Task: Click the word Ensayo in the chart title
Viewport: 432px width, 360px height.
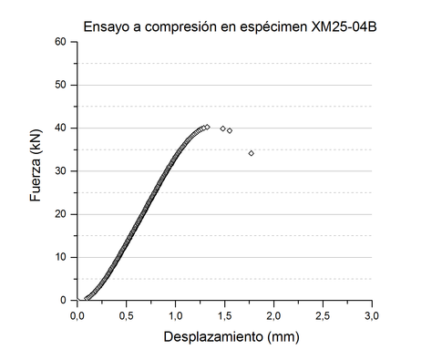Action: click(106, 26)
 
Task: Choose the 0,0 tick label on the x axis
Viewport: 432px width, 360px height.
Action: click(77, 314)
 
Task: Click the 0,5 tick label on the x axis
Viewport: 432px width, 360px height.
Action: click(127, 314)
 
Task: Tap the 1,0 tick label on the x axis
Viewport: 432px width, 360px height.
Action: click(176, 314)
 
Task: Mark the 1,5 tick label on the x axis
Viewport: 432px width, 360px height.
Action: click(225, 314)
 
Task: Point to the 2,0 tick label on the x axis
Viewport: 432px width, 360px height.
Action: click(274, 314)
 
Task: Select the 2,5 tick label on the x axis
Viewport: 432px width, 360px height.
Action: click(324, 314)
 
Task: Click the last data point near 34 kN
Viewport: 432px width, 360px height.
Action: click(252, 153)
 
